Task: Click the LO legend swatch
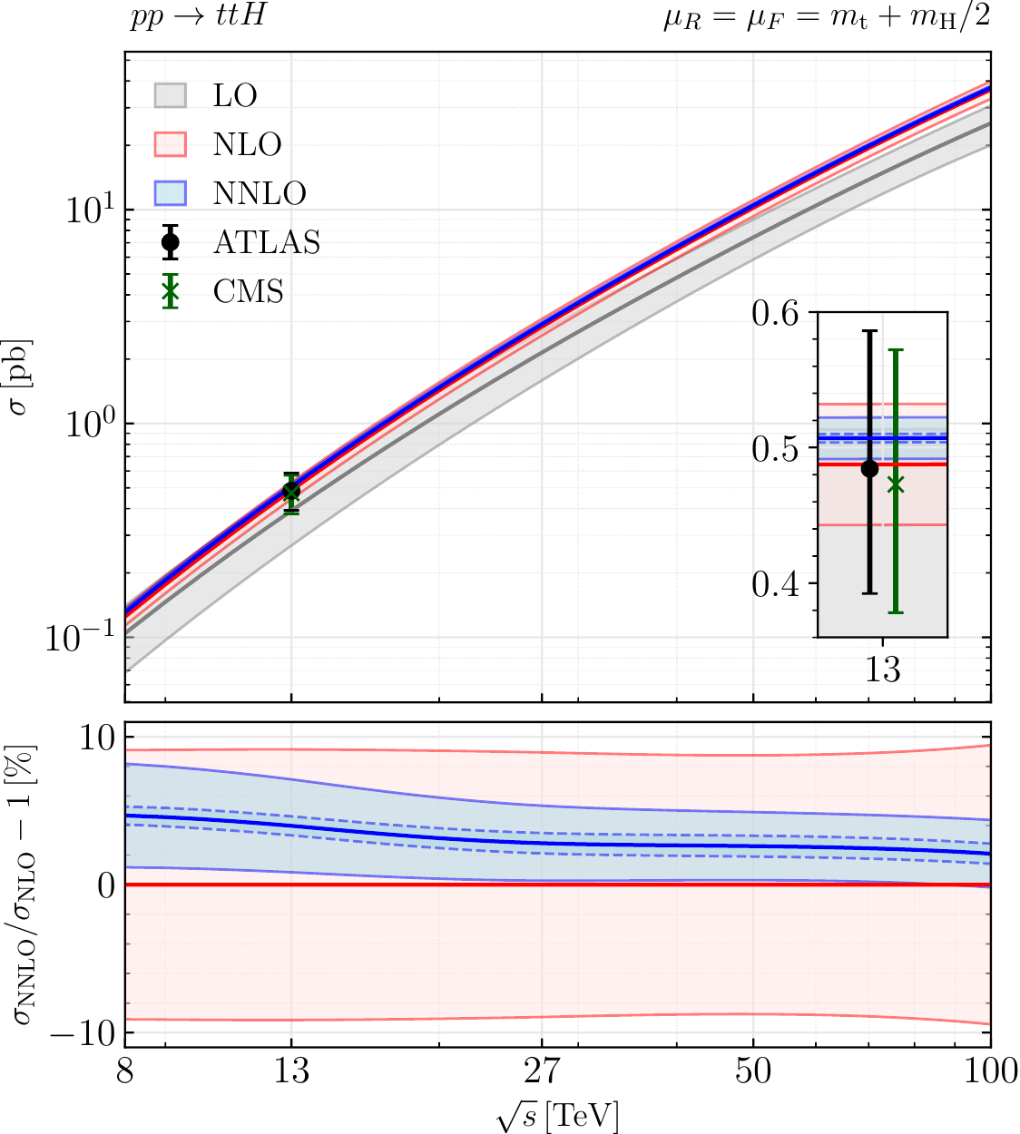point(170,95)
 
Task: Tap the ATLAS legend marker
point(170,242)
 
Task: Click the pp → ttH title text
point(198,16)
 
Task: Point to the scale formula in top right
point(826,18)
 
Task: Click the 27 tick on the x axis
point(542,1071)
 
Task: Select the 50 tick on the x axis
point(753,1071)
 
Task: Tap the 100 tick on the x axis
point(989,1071)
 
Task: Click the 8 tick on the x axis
point(125,1071)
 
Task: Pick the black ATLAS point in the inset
point(869,469)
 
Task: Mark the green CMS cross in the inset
point(896,484)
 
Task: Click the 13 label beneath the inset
point(882,670)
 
